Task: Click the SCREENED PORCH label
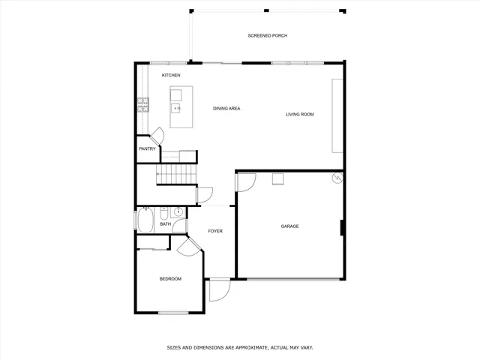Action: pos(268,36)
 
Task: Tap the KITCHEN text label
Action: pos(171,75)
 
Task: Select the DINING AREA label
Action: pos(226,109)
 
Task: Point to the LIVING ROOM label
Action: pos(299,115)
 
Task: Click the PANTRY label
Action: pos(147,148)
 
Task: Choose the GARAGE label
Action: pos(289,226)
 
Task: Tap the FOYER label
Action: pos(215,231)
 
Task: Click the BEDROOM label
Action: pos(170,279)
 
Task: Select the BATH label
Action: pos(164,223)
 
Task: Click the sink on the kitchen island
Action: pos(177,109)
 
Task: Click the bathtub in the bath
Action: pos(144,221)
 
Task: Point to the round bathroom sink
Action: pos(178,212)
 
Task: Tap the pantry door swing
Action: pos(158,136)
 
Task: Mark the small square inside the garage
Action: pos(277,178)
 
